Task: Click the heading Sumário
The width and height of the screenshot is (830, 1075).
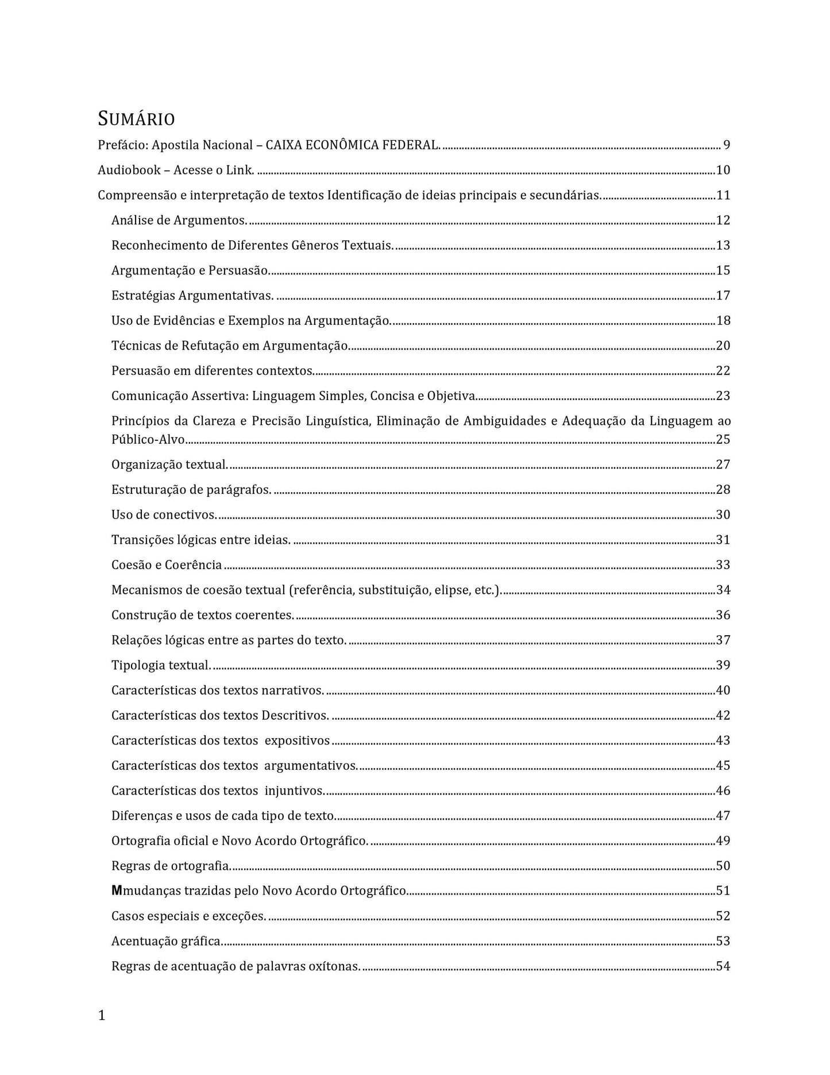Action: tap(136, 119)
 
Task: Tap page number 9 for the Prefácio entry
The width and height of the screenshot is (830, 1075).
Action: tap(727, 145)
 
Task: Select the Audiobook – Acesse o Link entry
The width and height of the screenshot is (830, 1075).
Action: tap(176, 170)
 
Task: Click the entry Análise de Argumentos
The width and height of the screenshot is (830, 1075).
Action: tap(179, 220)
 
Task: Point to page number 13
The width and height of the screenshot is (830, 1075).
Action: tap(723, 245)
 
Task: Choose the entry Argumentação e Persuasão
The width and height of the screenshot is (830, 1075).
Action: tap(191, 270)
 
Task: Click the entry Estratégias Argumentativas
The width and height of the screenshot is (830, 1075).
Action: tap(192, 295)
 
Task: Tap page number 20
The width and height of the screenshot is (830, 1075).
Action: tap(723, 345)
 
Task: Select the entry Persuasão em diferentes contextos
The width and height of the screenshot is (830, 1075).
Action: tap(213, 371)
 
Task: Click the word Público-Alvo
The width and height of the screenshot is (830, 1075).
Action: tap(148, 440)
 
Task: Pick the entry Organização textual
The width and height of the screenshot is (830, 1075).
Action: tap(169, 464)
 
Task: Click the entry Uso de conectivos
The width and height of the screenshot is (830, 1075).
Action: tap(164, 515)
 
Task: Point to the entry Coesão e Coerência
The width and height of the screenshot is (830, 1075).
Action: tap(167, 565)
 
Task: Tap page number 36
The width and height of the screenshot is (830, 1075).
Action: tap(723, 615)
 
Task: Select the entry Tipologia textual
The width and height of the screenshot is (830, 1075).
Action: tap(161, 665)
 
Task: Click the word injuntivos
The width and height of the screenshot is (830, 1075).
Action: tap(294, 791)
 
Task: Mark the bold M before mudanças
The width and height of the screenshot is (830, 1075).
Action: tap(117, 891)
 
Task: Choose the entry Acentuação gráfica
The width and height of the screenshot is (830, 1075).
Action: tap(167, 941)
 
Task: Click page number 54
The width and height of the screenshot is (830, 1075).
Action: tap(723, 966)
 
